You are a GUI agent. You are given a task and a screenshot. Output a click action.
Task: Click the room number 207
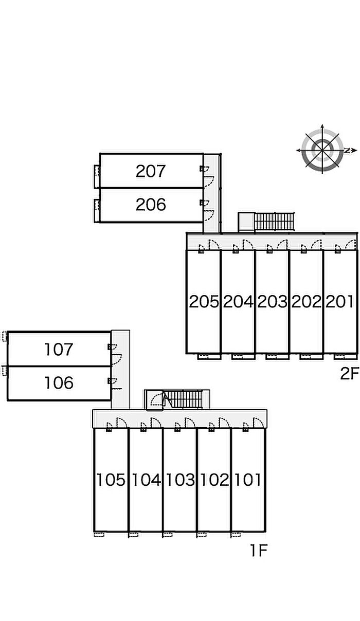point(151,171)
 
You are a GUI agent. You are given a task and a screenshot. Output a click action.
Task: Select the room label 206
point(151,205)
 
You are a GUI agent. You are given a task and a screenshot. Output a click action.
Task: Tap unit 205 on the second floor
point(204,302)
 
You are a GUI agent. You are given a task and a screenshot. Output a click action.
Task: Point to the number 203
point(273,302)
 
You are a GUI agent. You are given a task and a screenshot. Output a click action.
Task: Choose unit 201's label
point(340,302)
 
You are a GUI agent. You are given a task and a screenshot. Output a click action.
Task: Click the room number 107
point(59,350)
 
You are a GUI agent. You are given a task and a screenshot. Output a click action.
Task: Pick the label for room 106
point(59,383)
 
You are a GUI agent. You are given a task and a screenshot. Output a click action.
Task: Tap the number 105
point(111,480)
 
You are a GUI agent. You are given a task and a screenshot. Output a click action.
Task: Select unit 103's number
point(181,480)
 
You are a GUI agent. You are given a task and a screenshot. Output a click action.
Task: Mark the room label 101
point(248,480)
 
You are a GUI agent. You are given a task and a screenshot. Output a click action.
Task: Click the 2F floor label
point(350,373)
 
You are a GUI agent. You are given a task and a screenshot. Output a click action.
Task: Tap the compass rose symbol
point(322,150)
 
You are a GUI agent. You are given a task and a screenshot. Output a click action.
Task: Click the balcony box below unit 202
point(312,357)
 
